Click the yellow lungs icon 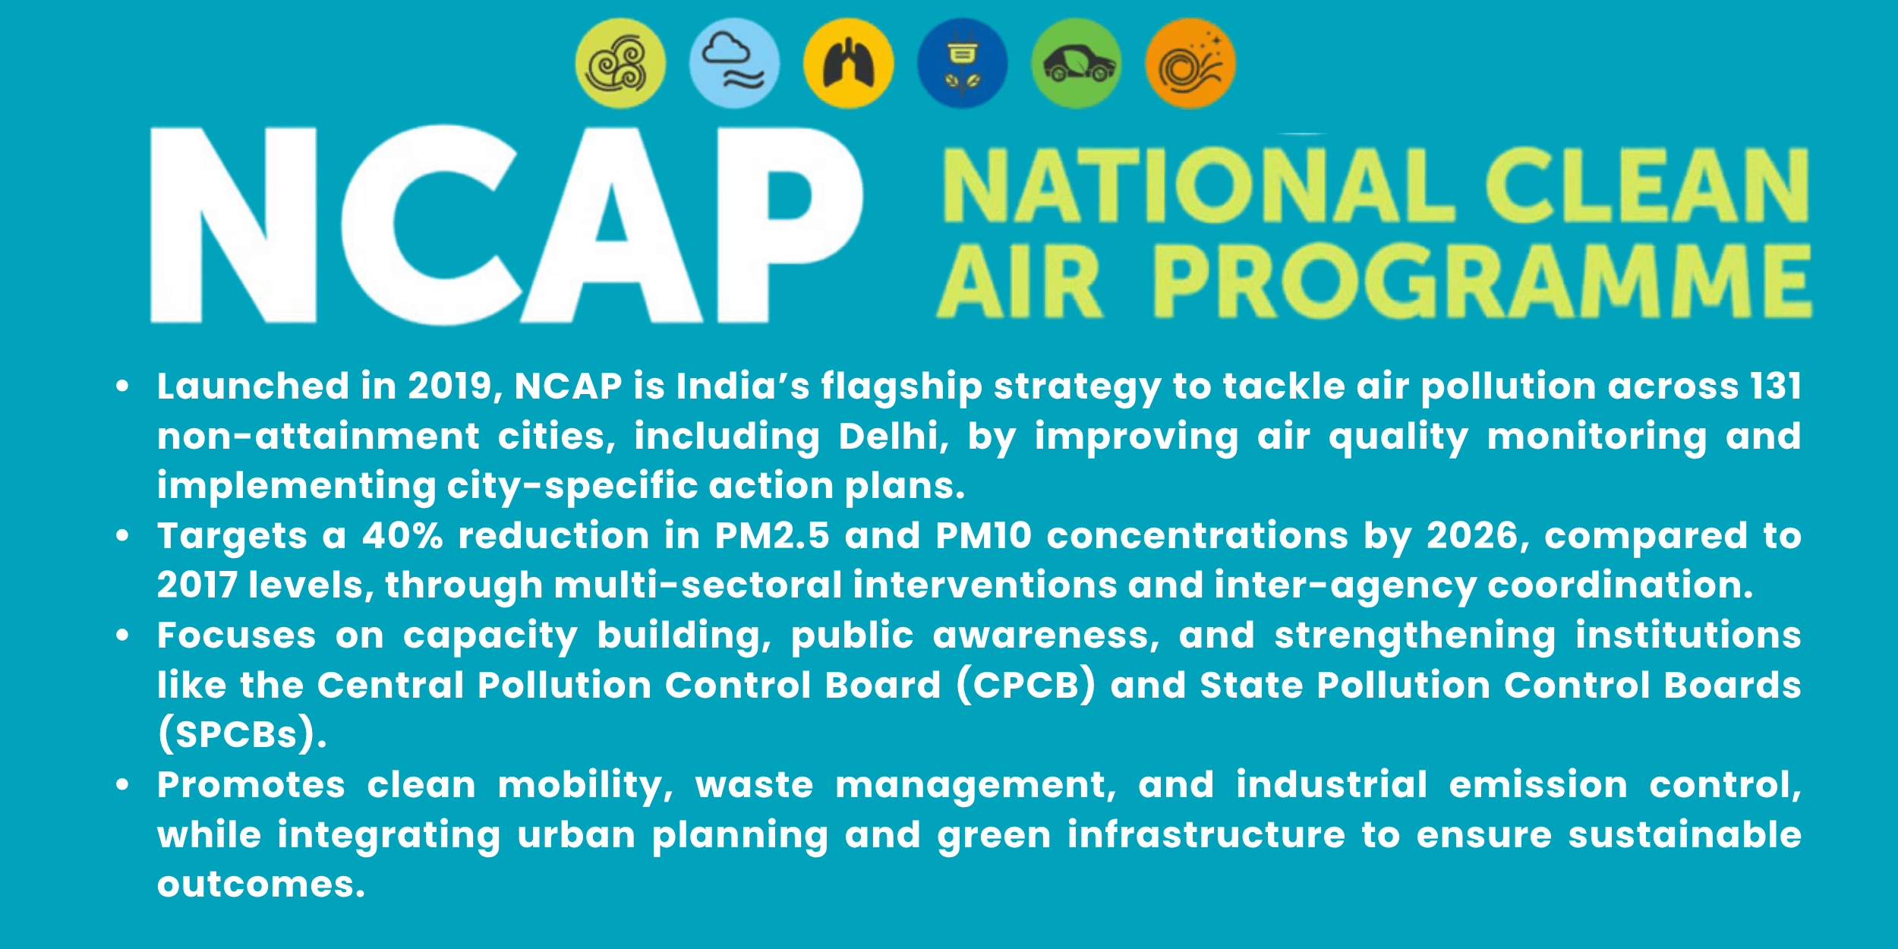(848, 64)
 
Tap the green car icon (1076, 64)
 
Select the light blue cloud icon (734, 64)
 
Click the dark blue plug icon (962, 64)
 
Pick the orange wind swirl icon (1190, 64)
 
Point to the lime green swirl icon (620, 64)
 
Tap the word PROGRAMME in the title (1482, 282)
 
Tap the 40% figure (402, 536)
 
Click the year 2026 (1471, 536)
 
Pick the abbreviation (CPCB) (1025, 686)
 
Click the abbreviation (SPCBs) (241, 735)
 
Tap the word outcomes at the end (260, 884)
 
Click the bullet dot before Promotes (122, 785)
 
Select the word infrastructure (1206, 835)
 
